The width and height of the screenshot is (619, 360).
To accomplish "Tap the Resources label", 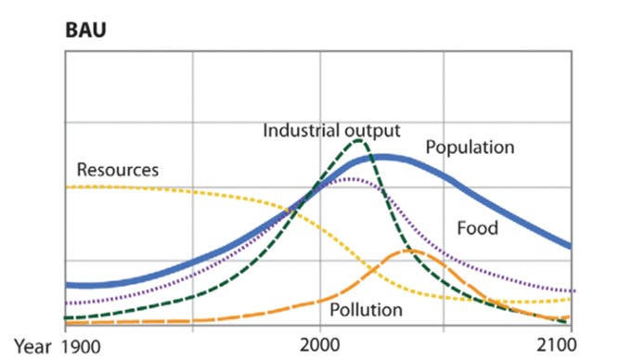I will coord(118,170).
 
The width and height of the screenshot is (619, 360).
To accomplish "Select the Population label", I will coord(470,147).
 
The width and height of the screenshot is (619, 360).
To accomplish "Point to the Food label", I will coord(477,228).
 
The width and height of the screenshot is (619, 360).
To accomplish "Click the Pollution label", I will coord(367,309).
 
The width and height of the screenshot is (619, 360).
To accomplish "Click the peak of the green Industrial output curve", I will coord(358,141).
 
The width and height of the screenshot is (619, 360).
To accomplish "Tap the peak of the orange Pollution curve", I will coord(409,251).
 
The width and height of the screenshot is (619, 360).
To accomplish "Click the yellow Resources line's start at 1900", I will coord(66,186).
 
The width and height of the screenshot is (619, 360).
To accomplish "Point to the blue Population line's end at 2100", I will coord(570,247).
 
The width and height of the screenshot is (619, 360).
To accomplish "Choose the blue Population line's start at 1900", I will coord(66,285).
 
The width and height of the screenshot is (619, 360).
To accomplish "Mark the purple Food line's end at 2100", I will coord(570,290).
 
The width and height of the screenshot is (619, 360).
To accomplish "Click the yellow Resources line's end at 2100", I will coord(570,299).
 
